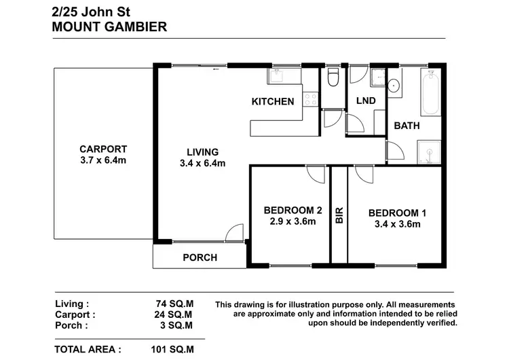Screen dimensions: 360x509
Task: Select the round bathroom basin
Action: pyautogui.click(x=393, y=86)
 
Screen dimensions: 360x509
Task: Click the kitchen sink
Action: pyautogui.click(x=278, y=76)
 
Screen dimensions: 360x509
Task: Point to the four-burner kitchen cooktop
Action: pyautogui.click(x=310, y=100)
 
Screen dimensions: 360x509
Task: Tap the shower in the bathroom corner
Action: pyautogui.click(x=430, y=151)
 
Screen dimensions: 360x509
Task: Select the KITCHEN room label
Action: pyautogui.click(x=273, y=102)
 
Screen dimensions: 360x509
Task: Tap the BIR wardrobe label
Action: pyautogui.click(x=339, y=216)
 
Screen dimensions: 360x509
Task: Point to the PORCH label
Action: pyautogui.click(x=200, y=257)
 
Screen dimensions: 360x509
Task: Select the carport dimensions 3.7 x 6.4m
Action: pyautogui.click(x=103, y=162)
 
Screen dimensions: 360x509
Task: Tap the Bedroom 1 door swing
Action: pyautogui.click(x=357, y=175)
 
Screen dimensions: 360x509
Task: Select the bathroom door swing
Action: pyautogui.click(x=393, y=151)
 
